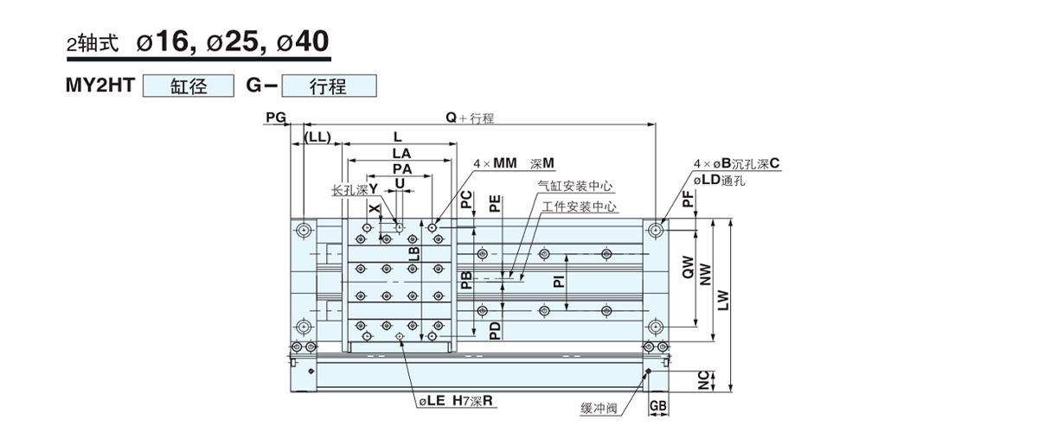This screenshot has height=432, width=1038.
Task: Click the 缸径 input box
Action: click(x=189, y=86)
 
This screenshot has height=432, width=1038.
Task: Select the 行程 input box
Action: click(x=330, y=86)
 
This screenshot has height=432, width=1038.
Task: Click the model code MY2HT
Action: click(x=102, y=86)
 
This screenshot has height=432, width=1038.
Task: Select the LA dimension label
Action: click(x=400, y=152)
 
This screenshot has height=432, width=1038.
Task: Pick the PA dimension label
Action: click(x=400, y=168)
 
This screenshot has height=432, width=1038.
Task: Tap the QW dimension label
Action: click(x=688, y=270)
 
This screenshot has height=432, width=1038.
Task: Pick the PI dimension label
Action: click(x=559, y=281)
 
